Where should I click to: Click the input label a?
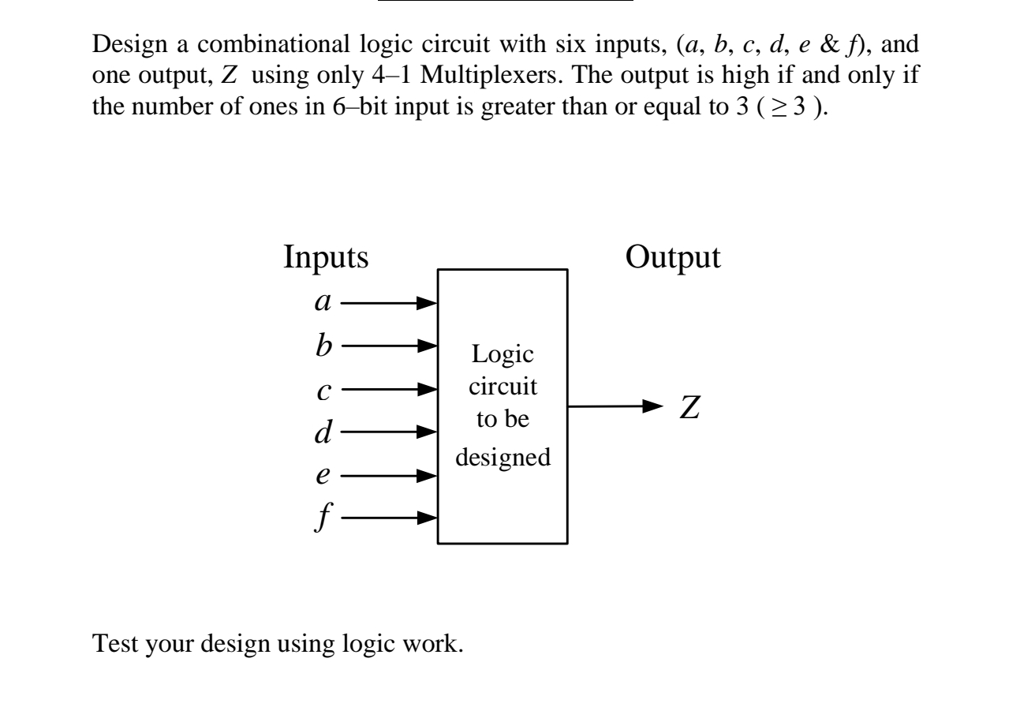tap(322, 304)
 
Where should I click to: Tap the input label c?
tap(322, 391)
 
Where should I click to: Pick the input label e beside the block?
tap(322, 477)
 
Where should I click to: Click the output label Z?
tap(690, 408)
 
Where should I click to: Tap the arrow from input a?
tap(389, 302)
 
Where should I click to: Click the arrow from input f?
tap(389, 518)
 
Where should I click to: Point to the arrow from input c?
tap(389, 389)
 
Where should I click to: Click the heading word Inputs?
tap(326, 258)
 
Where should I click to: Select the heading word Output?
tap(673, 258)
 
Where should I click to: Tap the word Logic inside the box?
tap(502, 355)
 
